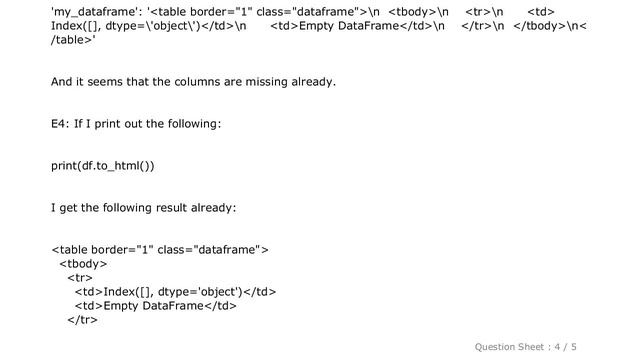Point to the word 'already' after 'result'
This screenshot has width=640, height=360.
tap(211, 207)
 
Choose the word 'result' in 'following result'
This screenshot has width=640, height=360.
tap(172, 207)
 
